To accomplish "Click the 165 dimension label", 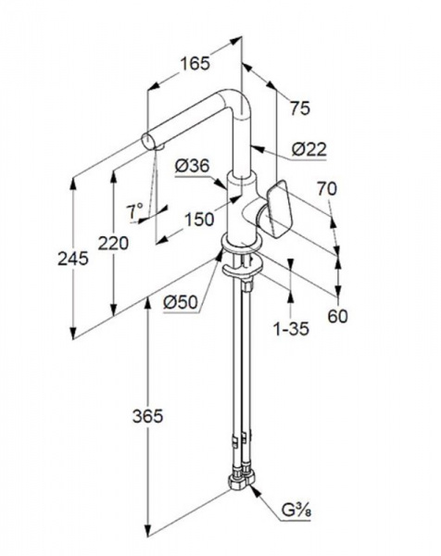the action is click(195, 64).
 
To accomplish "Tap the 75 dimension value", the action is click(300, 107).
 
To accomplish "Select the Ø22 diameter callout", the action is click(309, 149).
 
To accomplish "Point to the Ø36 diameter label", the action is click(193, 166).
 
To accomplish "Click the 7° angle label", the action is click(134, 211).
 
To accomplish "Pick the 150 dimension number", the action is click(199, 220).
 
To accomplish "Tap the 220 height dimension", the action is click(113, 243).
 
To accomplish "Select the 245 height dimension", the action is click(73, 259).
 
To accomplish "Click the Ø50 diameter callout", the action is click(181, 302).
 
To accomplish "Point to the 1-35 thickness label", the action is click(291, 329).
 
